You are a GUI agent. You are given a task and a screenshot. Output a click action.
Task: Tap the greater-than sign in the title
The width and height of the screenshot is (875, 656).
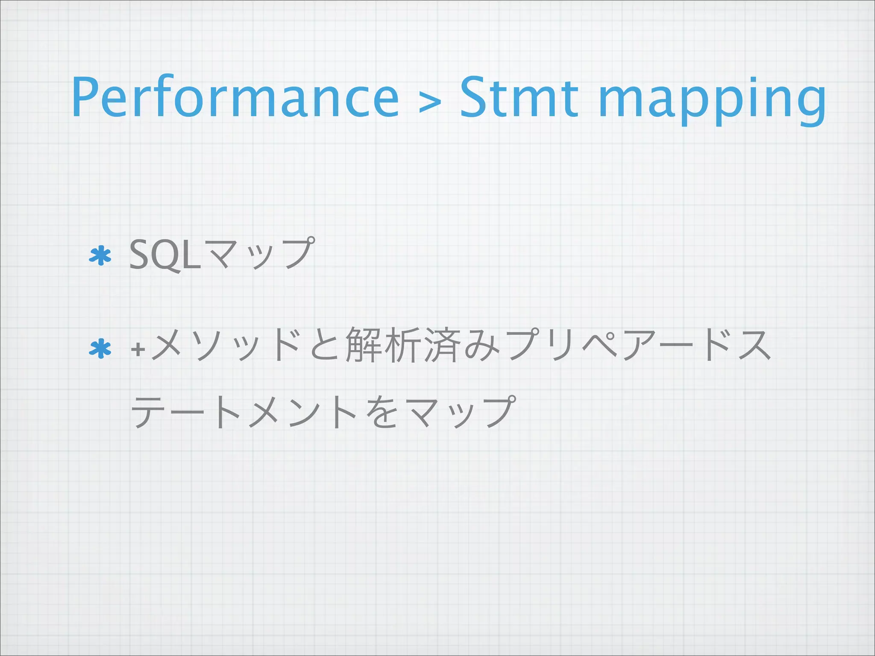coord(430,103)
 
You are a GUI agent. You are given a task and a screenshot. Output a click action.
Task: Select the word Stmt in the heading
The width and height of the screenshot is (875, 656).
coord(519,97)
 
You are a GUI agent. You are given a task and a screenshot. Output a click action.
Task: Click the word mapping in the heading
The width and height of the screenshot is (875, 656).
coord(711,100)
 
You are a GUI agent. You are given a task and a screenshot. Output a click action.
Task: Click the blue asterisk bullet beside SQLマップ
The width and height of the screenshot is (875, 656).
coord(100,256)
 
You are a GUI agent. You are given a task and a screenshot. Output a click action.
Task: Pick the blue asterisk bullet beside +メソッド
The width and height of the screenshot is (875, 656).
coord(100,349)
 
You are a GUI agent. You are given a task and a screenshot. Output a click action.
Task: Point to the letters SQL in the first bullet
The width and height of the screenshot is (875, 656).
coord(165,255)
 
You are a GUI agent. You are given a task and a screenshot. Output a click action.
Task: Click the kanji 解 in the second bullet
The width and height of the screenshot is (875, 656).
coord(364,345)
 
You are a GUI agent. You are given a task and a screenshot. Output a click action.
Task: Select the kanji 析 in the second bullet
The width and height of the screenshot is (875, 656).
coord(402,345)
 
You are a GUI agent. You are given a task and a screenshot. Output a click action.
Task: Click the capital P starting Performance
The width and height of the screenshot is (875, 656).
coord(88,97)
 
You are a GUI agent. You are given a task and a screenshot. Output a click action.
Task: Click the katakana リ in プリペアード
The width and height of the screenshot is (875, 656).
coord(562,345)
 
